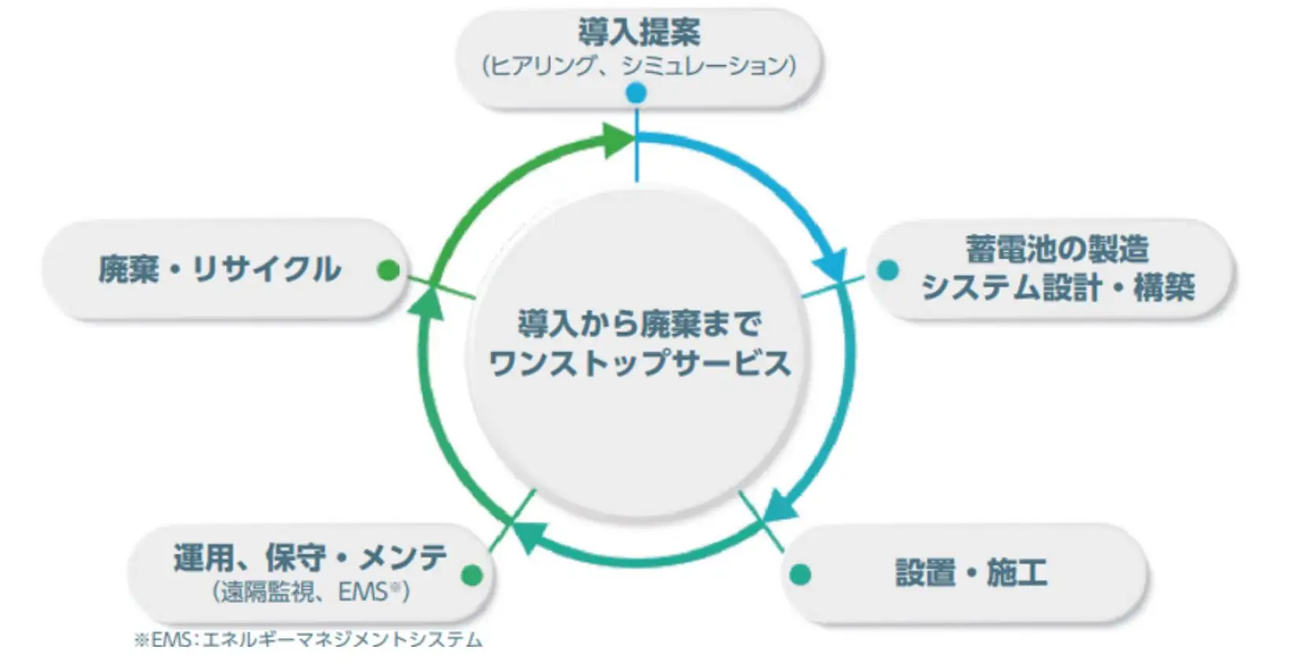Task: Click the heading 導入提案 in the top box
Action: click(x=639, y=31)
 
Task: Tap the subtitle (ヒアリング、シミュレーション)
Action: click(x=639, y=65)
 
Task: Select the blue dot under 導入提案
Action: click(x=636, y=93)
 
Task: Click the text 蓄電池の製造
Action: click(x=1057, y=249)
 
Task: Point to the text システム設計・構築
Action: click(x=1058, y=286)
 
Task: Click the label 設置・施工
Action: click(x=971, y=572)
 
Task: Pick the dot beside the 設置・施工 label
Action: click(x=800, y=574)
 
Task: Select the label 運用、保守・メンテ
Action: click(x=310, y=557)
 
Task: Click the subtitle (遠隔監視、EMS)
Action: click(x=311, y=591)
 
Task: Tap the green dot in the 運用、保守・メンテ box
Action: click(x=472, y=574)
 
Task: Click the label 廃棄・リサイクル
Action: click(x=220, y=269)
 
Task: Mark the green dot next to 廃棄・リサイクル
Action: click(x=389, y=271)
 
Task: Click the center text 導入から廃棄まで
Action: click(x=639, y=324)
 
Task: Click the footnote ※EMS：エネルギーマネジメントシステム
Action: click(x=308, y=639)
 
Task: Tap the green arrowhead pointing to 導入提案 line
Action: click(x=617, y=140)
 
